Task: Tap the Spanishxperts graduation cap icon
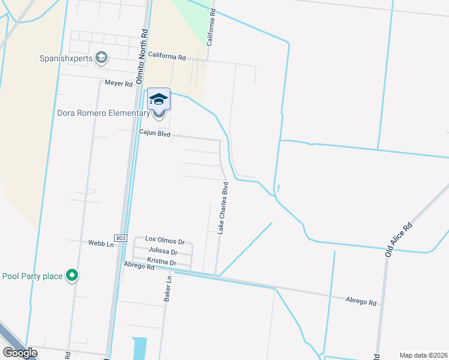(x=102, y=57)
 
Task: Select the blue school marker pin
(x=158, y=99)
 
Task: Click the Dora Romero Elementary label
(x=103, y=113)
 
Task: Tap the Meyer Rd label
(x=118, y=84)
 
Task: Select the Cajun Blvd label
(x=155, y=135)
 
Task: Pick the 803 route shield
(x=122, y=238)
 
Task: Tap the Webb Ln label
(x=101, y=244)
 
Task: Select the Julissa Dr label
(x=162, y=252)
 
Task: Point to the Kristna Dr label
(x=161, y=263)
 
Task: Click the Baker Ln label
(x=169, y=287)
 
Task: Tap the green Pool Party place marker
(x=73, y=276)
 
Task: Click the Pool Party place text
(x=32, y=277)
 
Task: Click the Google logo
(x=19, y=353)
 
